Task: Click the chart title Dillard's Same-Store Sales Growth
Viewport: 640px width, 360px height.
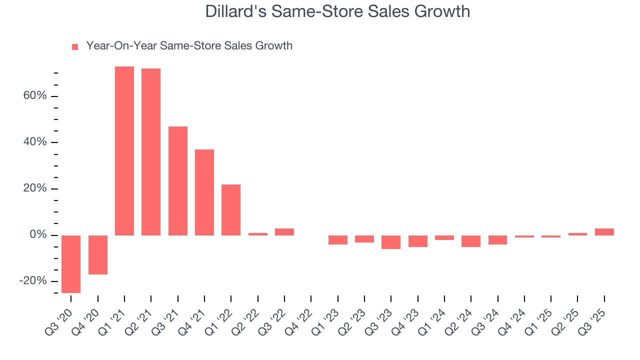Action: pos(337,11)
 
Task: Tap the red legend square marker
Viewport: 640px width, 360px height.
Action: pos(75,46)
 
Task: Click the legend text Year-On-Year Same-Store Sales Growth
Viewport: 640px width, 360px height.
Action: pos(189,46)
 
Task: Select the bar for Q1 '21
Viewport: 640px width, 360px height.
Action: pos(124,150)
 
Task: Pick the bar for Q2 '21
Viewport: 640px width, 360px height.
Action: pos(151,151)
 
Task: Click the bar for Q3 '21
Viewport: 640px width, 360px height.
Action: pos(177,180)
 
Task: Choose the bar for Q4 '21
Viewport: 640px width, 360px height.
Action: pos(204,192)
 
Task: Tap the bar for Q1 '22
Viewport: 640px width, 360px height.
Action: pos(231,209)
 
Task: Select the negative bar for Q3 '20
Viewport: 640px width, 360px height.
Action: pos(71,263)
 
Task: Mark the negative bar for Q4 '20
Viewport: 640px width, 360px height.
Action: pos(98,254)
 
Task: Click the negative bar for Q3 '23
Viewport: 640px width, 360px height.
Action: pos(391,242)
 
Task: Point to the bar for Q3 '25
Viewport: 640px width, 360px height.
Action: pos(604,231)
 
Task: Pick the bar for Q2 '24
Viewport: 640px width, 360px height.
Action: pos(471,241)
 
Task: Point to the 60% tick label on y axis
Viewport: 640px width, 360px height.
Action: pos(34,96)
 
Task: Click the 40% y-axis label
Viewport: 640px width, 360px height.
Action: pos(34,142)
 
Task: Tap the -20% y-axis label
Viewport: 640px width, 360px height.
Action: pos(32,281)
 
